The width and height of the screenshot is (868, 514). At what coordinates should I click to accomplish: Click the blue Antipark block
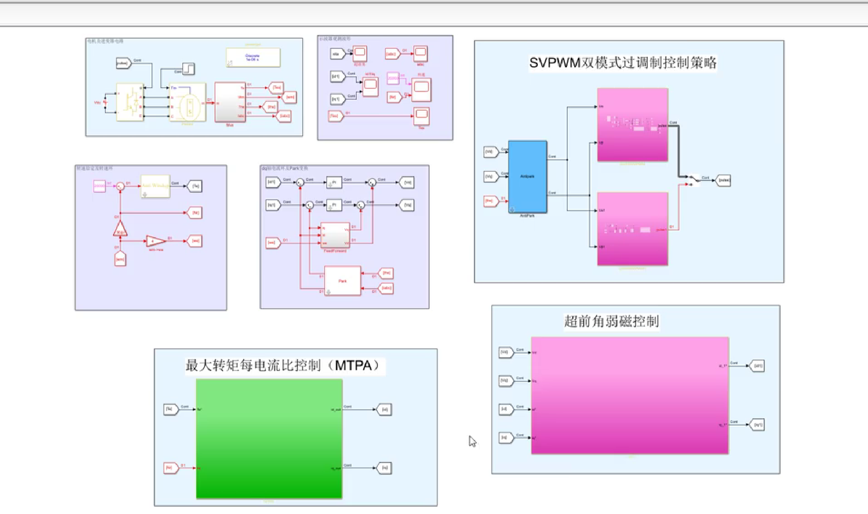(x=527, y=176)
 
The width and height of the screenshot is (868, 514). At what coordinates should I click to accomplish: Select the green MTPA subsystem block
(x=269, y=438)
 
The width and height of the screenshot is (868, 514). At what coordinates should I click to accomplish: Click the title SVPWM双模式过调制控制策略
(x=623, y=63)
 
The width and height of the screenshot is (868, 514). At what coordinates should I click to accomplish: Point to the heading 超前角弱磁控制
(x=611, y=322)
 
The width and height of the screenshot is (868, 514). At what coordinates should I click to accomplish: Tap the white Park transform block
(x=342, y=281)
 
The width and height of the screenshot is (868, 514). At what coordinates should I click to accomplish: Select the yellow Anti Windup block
(x=155, y=186)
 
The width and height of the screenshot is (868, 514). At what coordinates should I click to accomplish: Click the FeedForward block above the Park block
(x=335, y=235)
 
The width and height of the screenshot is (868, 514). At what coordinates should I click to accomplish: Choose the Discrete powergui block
(x=253, y=57)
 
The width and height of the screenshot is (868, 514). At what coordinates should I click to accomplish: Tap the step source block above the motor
(x=189, y=69)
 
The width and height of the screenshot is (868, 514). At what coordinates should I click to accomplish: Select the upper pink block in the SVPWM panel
(x=632, y=125)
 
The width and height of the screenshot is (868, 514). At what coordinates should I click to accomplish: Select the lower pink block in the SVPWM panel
(x=632, y=229)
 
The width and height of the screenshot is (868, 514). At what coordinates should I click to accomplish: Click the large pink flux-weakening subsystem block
(x=630, y=396)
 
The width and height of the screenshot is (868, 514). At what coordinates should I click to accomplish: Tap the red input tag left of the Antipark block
(x=491, y=201)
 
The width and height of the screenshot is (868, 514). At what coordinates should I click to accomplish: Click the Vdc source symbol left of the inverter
(x=105, y=103)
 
